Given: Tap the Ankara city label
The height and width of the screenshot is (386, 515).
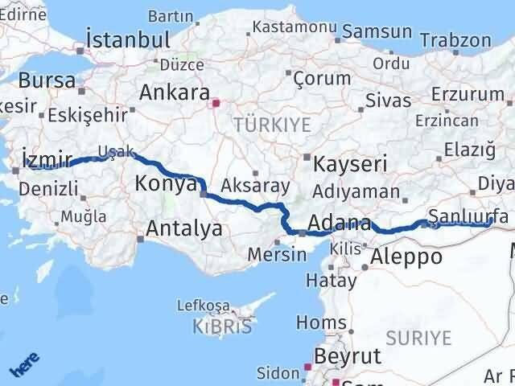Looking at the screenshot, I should click(174, 92).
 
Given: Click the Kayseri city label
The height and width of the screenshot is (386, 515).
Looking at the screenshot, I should click(350, 164).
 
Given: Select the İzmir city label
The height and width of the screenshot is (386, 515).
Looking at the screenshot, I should click(47, 158).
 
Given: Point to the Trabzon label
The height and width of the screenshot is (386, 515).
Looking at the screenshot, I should click(455, 39).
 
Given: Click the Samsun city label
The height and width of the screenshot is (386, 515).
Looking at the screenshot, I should click(377, 32).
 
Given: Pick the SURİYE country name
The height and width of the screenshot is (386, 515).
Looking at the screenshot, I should click(418, 337).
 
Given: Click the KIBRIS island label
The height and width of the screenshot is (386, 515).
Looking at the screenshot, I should click(221, 326).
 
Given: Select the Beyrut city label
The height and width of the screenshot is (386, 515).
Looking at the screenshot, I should click(348, 355).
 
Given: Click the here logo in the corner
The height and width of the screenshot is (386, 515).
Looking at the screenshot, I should click(23, 367).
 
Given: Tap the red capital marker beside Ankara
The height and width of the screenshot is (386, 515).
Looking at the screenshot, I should click(215, 103).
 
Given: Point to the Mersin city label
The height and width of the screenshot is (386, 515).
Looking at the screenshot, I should click(278, 254).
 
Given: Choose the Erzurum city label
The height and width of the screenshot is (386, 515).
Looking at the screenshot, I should click(467, 94).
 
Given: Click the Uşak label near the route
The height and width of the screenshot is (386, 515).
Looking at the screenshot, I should click(111, 151).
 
